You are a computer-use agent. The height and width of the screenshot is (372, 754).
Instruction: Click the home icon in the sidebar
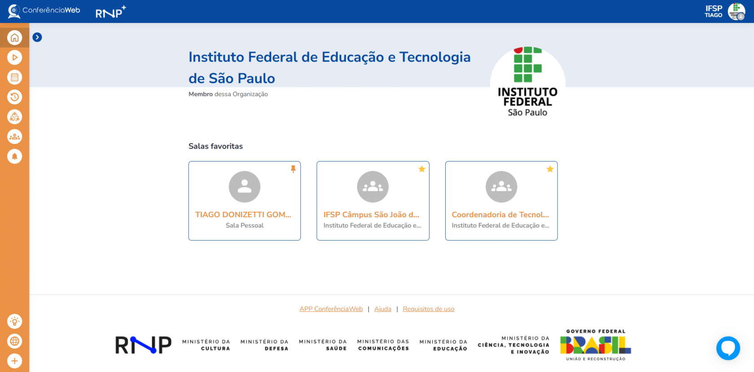pyautogui.click(x=14, y=37)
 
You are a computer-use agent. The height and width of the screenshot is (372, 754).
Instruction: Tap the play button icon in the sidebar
pyautogui.click(x=14, y=57)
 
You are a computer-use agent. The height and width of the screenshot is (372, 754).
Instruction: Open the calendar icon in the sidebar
pyautogui.click(x=14, y=77)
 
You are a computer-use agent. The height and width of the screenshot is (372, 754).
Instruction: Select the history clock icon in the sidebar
pyautogui.click(x=14, y=97)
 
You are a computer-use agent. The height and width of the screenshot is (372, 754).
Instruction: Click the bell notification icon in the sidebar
pyautogui.click(x=14, y=156)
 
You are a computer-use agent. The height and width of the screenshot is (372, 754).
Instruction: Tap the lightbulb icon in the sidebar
pyautogui.click(x=14, y=321)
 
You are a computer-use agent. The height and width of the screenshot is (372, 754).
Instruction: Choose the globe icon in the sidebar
pyautogui.click(x=14, y=341)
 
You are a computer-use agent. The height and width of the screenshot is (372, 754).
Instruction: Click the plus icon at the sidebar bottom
pyautogui.click(x=14, y=361)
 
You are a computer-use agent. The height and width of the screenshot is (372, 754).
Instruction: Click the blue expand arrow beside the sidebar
pyautogui.click(x=37, y=37)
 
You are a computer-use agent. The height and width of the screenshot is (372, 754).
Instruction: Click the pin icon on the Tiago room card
pyautogui.click(x=293, y=169)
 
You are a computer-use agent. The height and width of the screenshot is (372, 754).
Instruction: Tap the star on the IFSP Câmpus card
pyautogui.click(x=422, y=169)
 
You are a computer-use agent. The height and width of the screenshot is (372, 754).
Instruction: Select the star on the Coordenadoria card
pyautogui.click(x=550, y=169)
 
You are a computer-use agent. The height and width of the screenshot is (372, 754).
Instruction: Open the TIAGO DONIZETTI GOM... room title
pyautogui.click(x=243, y=214)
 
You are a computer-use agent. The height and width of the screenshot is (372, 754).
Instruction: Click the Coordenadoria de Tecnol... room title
pyautogui.click(x=500, y=214)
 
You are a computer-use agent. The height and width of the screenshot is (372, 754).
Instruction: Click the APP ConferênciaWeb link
pyautogui.click(x=331, y=309)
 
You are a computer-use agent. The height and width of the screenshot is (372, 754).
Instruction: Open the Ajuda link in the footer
pyautogui.click(x=383, y=309)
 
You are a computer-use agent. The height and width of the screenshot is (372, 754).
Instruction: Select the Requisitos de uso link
pyautogui.click(x=429, y=309)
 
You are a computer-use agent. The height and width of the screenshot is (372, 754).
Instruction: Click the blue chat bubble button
pyautogui.click(x=728, y=348)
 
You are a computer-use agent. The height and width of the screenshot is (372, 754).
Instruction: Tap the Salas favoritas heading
pyautogui.click(x=215, y=146)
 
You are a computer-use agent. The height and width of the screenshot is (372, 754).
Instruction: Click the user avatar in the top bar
pyautogui.click(x=736, y=12)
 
